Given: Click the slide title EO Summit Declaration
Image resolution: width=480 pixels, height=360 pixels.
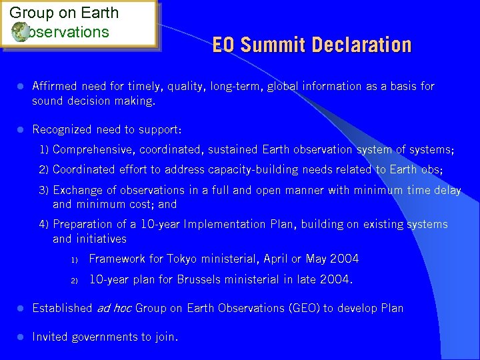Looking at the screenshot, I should coord(312,45).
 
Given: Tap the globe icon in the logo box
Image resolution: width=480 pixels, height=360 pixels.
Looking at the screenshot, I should coord(19,31).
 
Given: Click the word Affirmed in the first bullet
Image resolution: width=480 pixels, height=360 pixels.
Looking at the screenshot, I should coord(55,86).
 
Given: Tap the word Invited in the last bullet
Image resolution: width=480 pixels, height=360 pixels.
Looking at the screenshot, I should coord(50,337).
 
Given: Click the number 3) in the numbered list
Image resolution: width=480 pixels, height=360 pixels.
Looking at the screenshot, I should coord(44,190).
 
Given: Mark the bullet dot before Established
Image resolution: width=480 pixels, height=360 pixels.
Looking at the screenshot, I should coord(20,308).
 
